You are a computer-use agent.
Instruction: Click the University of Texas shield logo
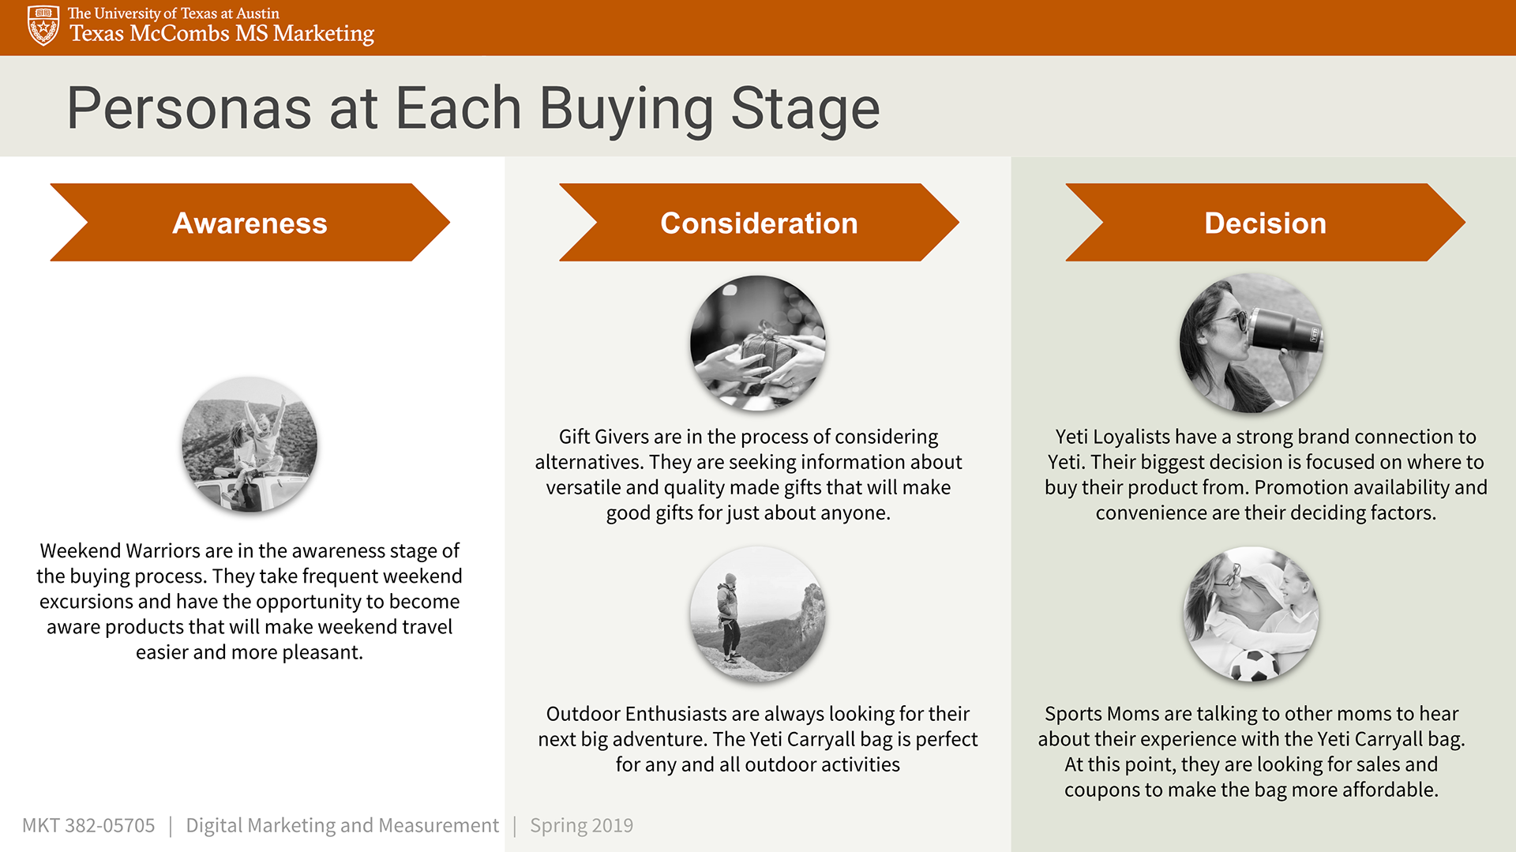[43, 25]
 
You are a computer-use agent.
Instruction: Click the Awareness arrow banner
[250, 223]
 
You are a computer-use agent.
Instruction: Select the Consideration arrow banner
[759, 223]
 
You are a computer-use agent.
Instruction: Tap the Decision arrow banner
[1265, 223]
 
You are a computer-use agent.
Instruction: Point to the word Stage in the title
[805, 110]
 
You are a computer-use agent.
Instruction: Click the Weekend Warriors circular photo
[250, 445]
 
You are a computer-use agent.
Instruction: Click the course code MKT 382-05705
[88, 825]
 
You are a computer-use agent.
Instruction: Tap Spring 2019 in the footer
[582, 826]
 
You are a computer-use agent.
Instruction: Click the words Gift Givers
[604, 437]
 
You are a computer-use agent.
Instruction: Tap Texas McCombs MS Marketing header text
[222, 34]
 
